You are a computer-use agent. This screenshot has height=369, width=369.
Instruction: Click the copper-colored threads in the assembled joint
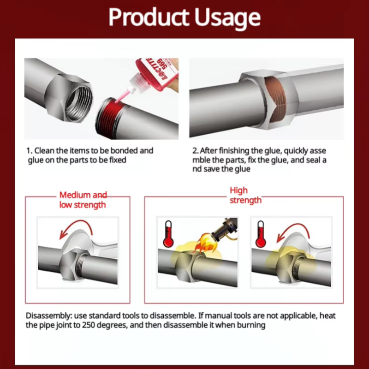tap(275, 99)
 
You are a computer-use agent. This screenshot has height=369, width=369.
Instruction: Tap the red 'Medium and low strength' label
tap(83, 200)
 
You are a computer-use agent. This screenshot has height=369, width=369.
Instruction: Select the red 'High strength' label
tap(245, 195)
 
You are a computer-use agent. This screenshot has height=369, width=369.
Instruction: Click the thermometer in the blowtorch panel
tap(168, 234)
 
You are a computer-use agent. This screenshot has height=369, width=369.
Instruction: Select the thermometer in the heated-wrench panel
tap(261, 234)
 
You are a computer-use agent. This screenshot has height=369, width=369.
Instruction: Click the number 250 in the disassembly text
tap(89, 325)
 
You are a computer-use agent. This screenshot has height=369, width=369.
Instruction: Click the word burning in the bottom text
tap(251, 326)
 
